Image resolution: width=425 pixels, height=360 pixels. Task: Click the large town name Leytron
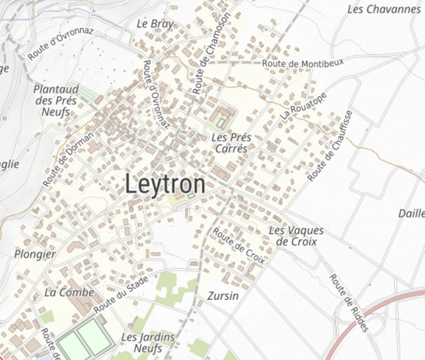pyautogui.click(x=165, y=184)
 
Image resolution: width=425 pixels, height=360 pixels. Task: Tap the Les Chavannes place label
pyautogui.click(x=384, y=9)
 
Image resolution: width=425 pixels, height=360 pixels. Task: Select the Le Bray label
pyautogui.click(x=155, y=24)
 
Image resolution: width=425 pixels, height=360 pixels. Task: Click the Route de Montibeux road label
pyautogui.click(x=303, y=64)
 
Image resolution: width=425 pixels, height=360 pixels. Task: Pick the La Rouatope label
pyautogui.click(x=304, y=106)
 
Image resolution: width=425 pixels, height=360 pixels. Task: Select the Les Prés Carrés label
pyautogui.click(x=231, y=143)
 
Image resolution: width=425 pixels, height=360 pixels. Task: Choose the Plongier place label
pyautogui.click(x=35, y=254)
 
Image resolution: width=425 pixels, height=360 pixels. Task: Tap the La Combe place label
pyautogui.click(x=69, y=292)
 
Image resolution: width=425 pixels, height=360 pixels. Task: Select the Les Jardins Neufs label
pyautogui.click(x=148, y=342)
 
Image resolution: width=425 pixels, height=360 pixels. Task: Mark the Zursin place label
pyautogui.click(x=223, y=296)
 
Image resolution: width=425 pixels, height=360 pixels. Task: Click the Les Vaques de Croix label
pyautogui.click(x=296, y=236)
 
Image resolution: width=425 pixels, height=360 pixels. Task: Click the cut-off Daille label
pyautogui.click(x=411, y=213)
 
